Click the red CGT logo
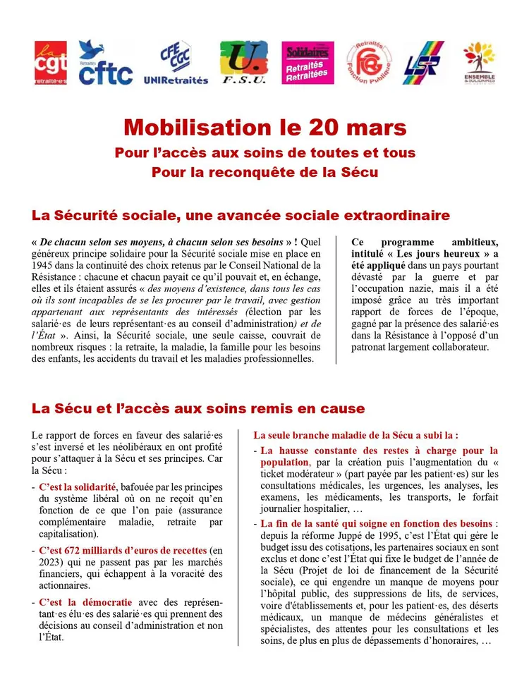(x=51, y=63)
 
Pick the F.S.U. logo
(x=243, y=63)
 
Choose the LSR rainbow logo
(x=423, y=63)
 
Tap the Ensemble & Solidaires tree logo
(x=480, y=63)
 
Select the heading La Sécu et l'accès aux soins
(x=198, y=408)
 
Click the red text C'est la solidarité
(x=78, y=487)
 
